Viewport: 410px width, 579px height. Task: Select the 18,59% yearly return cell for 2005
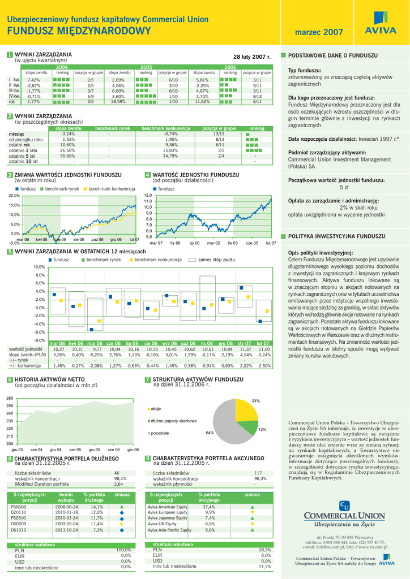(118, 102)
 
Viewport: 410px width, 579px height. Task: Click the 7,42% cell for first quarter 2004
(33, 80)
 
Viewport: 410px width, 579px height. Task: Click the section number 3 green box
(10, 175)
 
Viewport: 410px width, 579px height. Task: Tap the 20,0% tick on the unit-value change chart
(14, 196)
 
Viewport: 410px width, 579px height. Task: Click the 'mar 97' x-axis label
(156, 243)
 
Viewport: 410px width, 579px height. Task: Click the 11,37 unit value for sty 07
(244, 349)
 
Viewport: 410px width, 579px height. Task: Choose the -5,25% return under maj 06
(96, 355)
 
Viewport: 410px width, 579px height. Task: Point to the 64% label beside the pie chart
(210, 433)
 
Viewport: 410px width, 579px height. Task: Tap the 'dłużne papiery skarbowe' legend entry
(173, 421)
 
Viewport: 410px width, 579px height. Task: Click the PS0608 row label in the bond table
(19, 507)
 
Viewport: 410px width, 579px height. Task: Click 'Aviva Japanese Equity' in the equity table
(167, 518)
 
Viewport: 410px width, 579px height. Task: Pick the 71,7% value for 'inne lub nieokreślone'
(264, 567)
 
